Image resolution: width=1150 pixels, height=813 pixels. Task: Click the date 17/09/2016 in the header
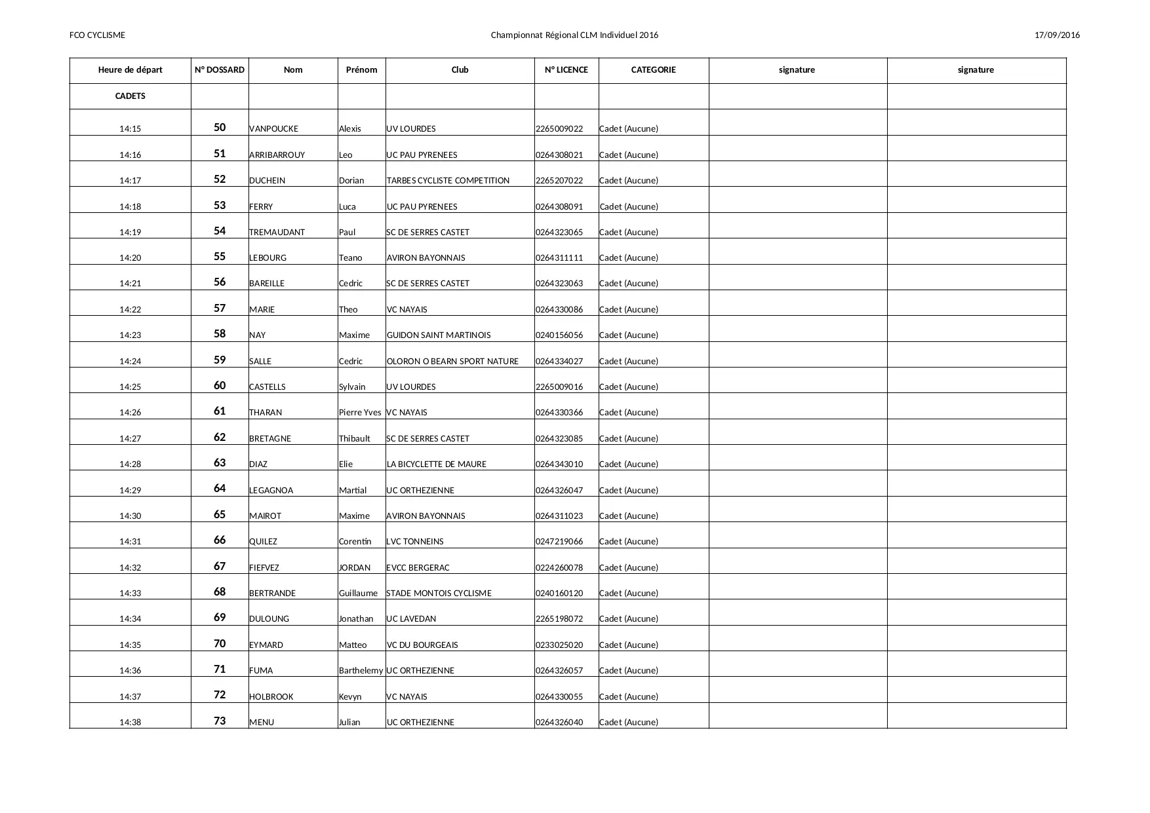coord(1057,35)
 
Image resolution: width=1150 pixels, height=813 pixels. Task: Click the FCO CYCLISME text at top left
coord(97,35)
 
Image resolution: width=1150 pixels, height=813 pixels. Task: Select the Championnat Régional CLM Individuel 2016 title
coord(574,35)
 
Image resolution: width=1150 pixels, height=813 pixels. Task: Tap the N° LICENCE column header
coord(566,70)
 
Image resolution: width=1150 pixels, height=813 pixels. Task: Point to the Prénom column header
coord(361,70)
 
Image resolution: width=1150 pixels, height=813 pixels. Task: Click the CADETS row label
coord(130,96)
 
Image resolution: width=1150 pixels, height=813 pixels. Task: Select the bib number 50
coord(220,128)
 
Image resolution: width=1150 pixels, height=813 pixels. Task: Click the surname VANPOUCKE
coord(273,129)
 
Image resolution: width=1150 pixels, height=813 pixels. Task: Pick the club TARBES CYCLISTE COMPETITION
coord(448,181)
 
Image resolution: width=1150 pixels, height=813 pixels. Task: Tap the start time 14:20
coord(130,258)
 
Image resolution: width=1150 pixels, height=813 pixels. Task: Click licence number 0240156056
coord(559,335)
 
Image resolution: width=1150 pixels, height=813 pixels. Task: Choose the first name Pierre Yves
coord(360,413)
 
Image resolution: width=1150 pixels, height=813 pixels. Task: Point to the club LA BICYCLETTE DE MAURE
coord(437,464)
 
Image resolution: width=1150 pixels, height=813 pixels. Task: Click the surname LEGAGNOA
coord(271,491)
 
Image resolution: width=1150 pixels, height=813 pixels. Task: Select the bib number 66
coord(220,540)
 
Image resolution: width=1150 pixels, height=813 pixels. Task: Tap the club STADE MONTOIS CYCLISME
coord(439,594)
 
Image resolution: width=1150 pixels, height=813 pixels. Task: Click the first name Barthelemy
coord(361,671)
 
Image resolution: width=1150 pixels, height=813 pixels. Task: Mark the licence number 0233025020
coord(559,645)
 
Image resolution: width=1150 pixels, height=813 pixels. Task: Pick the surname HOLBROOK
coord(271,697)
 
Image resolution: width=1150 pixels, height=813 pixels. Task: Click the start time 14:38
coord(130,723)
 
